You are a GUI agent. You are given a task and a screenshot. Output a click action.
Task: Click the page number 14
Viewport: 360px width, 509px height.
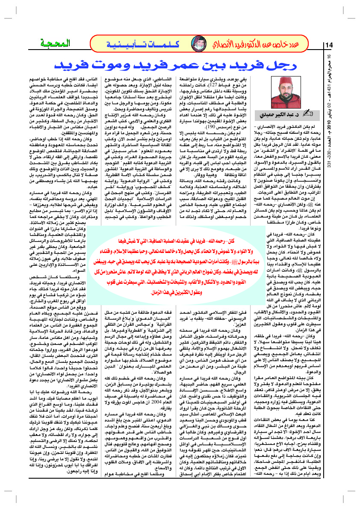coord(329,45)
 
